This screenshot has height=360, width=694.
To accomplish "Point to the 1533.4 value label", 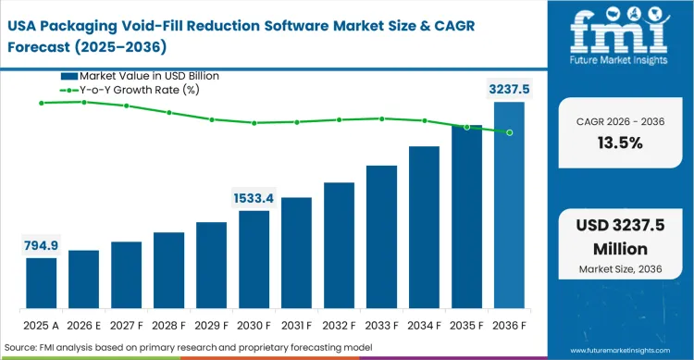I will [x=254, y=198].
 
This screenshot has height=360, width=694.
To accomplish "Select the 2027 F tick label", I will [x=126, y=325].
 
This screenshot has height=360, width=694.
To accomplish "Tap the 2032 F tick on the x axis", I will [x=339, y=325].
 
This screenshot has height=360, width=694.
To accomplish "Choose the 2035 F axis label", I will [x=466, y=325].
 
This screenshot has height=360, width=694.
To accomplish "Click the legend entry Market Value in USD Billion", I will [x=149, y=76].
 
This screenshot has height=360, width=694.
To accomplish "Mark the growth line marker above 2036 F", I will [x=509, y=132].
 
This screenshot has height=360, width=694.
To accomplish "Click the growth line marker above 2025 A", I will [x=41, y=103].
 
